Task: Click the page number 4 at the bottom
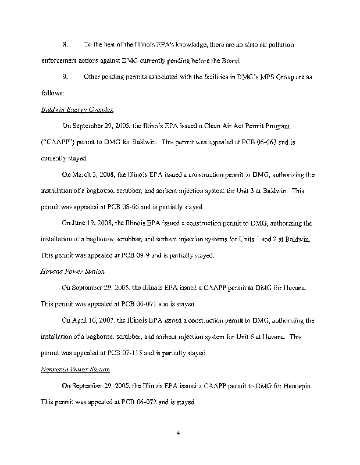pos(180,432)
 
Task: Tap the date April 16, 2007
pos(93,320)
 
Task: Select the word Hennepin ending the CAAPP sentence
pos(297,385)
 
